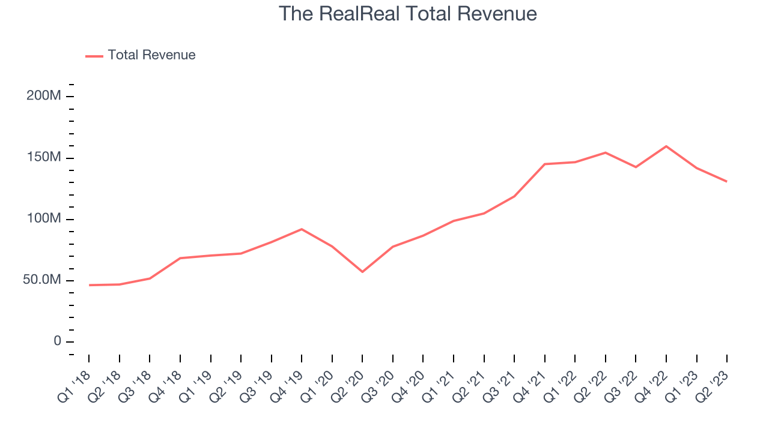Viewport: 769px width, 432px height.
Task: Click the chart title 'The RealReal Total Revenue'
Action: (408, 14)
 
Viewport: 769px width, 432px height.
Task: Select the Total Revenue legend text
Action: (151, 55)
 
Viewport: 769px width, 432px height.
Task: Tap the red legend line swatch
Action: (94, 56)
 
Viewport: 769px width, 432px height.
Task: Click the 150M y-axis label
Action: (43, 157)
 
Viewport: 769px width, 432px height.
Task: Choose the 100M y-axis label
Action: (43, 218)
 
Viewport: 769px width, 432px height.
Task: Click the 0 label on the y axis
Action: (57, 341)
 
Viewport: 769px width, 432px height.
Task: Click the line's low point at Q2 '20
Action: (362, 272)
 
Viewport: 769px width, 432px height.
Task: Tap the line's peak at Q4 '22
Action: (666, 146)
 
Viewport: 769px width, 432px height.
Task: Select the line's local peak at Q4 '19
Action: (302, 229)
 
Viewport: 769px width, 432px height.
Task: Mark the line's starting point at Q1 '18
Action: (89, 285)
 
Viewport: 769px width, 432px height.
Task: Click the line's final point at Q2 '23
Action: (727, 181)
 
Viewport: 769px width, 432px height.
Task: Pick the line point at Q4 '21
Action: (545, 164)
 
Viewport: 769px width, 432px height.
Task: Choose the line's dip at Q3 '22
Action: (636, 167)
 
